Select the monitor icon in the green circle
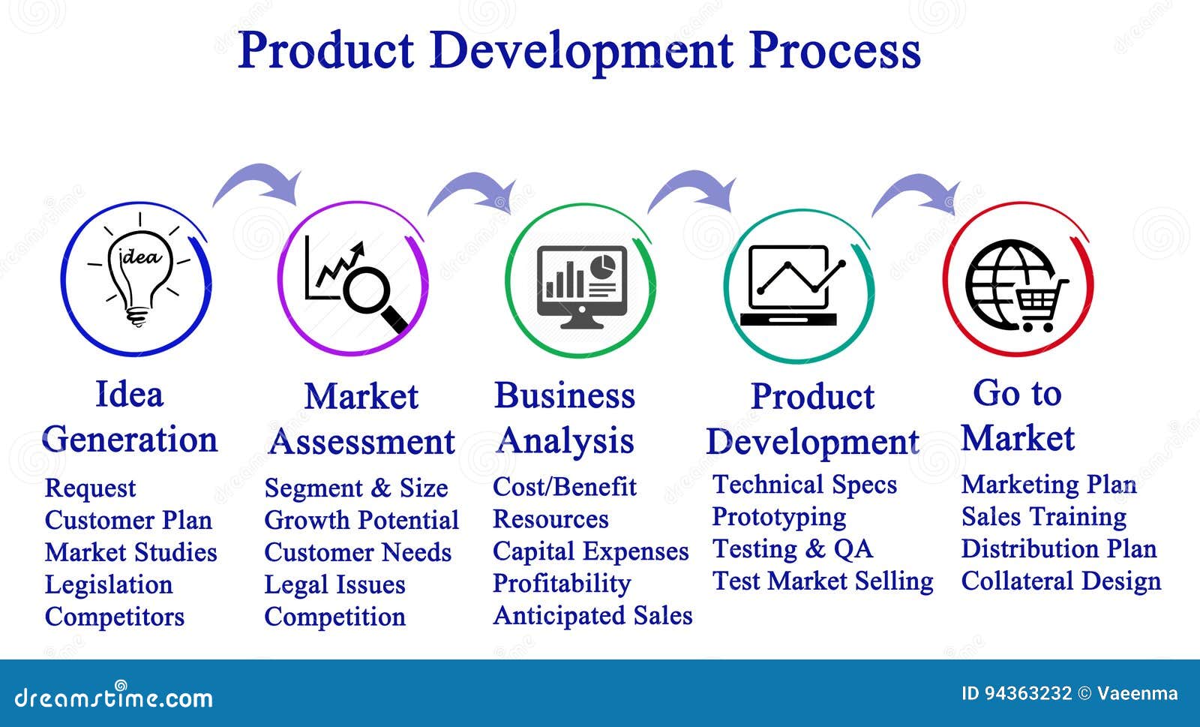(582, 287)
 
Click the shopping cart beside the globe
(1039, 305)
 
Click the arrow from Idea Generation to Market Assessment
(258, 182)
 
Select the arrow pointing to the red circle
(916, 192)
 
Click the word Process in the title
(834, 51)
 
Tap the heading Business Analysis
(565, 418)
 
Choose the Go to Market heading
(1017, 415)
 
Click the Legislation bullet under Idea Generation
(109, 584)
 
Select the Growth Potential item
(361, 520)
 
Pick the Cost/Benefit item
(565, 487)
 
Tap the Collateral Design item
(1061, 581)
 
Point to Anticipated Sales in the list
(592, 615)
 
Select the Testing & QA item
(792, 549)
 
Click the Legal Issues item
(334, 584)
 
